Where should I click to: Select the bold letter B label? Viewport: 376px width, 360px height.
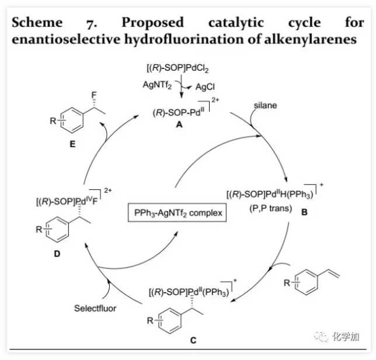point(304,213)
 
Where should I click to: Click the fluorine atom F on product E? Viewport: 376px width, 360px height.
point(92,92)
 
